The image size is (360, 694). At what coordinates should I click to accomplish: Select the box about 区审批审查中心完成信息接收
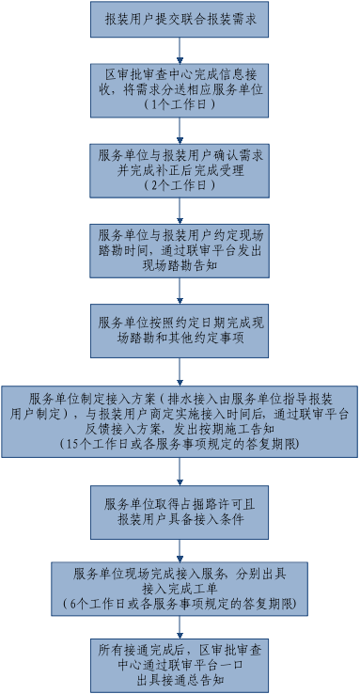click(180, 87)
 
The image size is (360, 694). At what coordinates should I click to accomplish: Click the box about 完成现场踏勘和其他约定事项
click(180, 328)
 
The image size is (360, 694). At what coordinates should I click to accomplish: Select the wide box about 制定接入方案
click(180, 418)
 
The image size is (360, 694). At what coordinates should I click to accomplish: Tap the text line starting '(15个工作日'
click(180, 442)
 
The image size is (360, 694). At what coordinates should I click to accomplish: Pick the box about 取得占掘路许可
click(180, 511)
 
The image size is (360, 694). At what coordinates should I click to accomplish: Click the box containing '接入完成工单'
click(180, 586)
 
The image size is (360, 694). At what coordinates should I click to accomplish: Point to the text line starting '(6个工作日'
click(180, 602)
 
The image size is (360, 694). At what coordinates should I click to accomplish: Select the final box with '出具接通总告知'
click(180, 664)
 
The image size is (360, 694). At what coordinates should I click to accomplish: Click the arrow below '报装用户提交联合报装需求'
click(180, 48)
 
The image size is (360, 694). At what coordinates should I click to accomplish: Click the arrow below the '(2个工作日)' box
click(180, 209)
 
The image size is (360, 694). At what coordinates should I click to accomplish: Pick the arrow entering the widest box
click(180, 369)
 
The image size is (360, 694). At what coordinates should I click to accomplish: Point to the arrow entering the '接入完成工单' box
click(180, 547)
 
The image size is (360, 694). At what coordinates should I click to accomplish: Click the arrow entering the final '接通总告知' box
click(180, 625)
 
